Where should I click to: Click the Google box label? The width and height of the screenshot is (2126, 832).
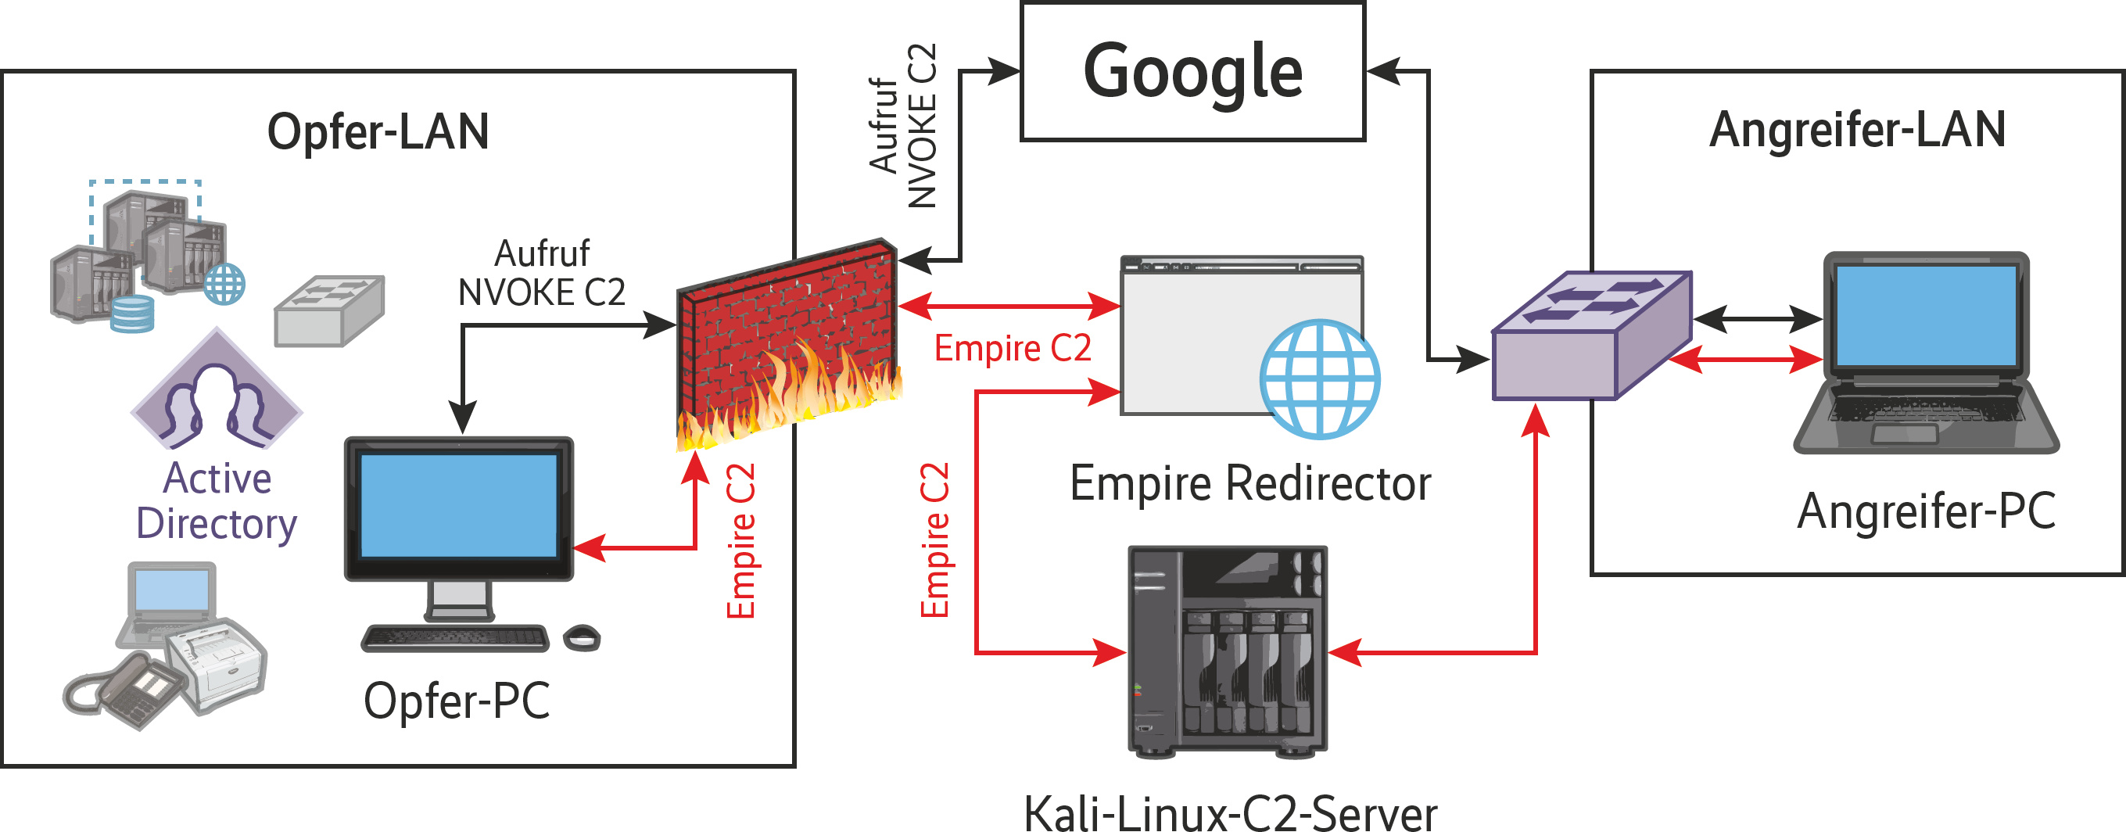[x=1192, y=73]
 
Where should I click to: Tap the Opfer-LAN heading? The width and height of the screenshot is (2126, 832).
[x=378, y=132]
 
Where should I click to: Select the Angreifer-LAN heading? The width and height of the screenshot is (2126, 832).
[x=1857, y=131]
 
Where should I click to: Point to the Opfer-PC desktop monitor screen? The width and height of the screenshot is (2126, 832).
[x=458, y=505]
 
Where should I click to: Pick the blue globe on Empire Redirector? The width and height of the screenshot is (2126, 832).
[x=1319, y=378]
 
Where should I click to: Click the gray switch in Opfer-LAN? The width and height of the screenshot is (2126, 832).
[x=329, y=310]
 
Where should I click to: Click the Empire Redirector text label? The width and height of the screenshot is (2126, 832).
[x=1249, y=484]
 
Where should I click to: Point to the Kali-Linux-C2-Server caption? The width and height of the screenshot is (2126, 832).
[x=1230, y=812]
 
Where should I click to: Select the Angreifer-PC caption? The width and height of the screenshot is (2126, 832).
[x=1926, y=511]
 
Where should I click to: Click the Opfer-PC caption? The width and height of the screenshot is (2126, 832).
[x=457, y=701]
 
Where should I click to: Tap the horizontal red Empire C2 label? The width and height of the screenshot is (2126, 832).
[x=1012, y=348]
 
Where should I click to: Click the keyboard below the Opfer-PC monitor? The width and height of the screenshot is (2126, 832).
[x=455, y=638]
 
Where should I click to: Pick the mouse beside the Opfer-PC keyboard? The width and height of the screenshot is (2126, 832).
[x=582, y=638]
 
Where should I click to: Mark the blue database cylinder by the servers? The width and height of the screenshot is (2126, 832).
[x=132, y=314]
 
